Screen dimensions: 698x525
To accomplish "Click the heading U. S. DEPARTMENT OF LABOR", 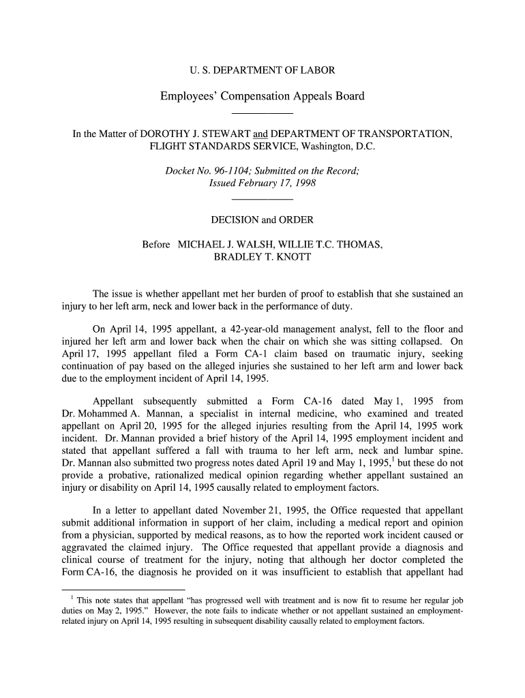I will pos(262,70).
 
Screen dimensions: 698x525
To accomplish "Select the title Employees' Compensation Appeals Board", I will pos(262,96).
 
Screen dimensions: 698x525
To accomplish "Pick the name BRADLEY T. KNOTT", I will pos(262,257).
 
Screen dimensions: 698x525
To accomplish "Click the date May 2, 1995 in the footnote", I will pos(92,611).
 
